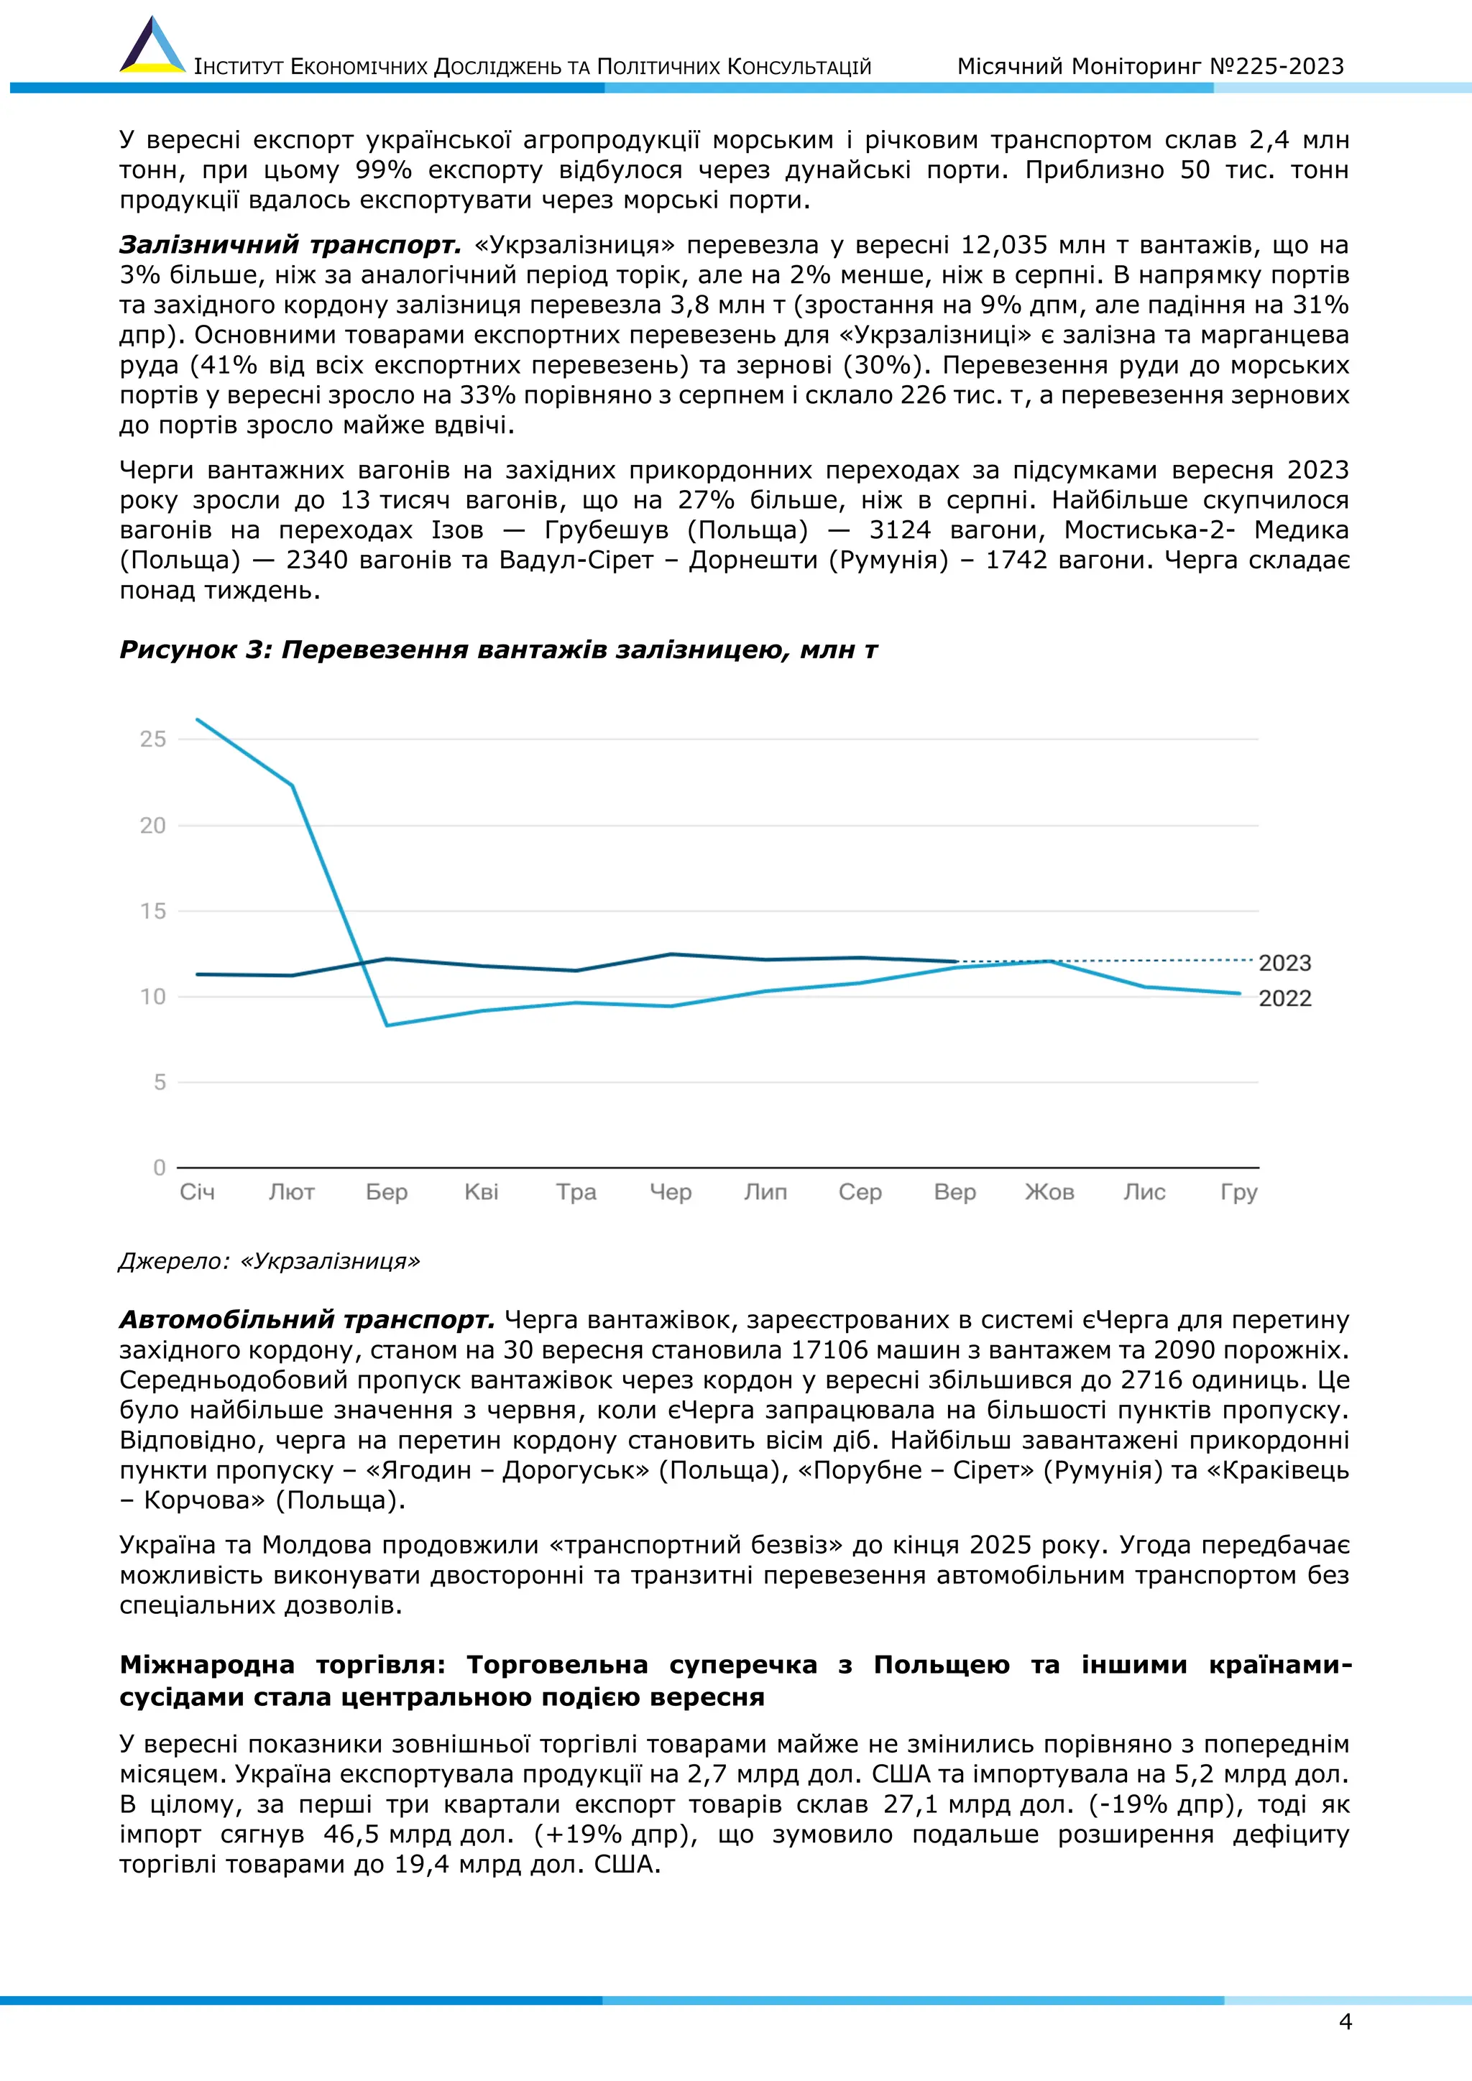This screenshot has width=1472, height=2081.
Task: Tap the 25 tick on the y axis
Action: click(x=153, y=739)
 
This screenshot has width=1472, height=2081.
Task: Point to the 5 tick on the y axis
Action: click(x=160, y=1081)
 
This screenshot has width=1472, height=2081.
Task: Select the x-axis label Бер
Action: click(x=386, y=1192)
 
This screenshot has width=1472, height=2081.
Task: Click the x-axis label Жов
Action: click(x=1049, y=1192)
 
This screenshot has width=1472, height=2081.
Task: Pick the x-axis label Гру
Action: click(x=1239, y=1193)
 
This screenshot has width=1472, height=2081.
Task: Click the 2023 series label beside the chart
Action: click(x=1284, y=963)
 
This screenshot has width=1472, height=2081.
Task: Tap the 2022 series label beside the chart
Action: click(x=1284, y=998)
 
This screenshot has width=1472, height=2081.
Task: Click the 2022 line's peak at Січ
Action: click(x=198, y=719)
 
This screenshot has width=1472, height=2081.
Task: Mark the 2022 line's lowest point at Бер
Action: click(x=387, y=1025)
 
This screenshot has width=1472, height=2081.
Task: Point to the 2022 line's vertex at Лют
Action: click(x=292, y=785)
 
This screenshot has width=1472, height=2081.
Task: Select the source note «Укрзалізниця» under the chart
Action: click(x=330, y=1261)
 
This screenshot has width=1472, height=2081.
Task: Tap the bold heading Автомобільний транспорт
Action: click(x=306, y=1319)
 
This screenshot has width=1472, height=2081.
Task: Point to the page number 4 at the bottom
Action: click(x=1345, y=2021)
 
